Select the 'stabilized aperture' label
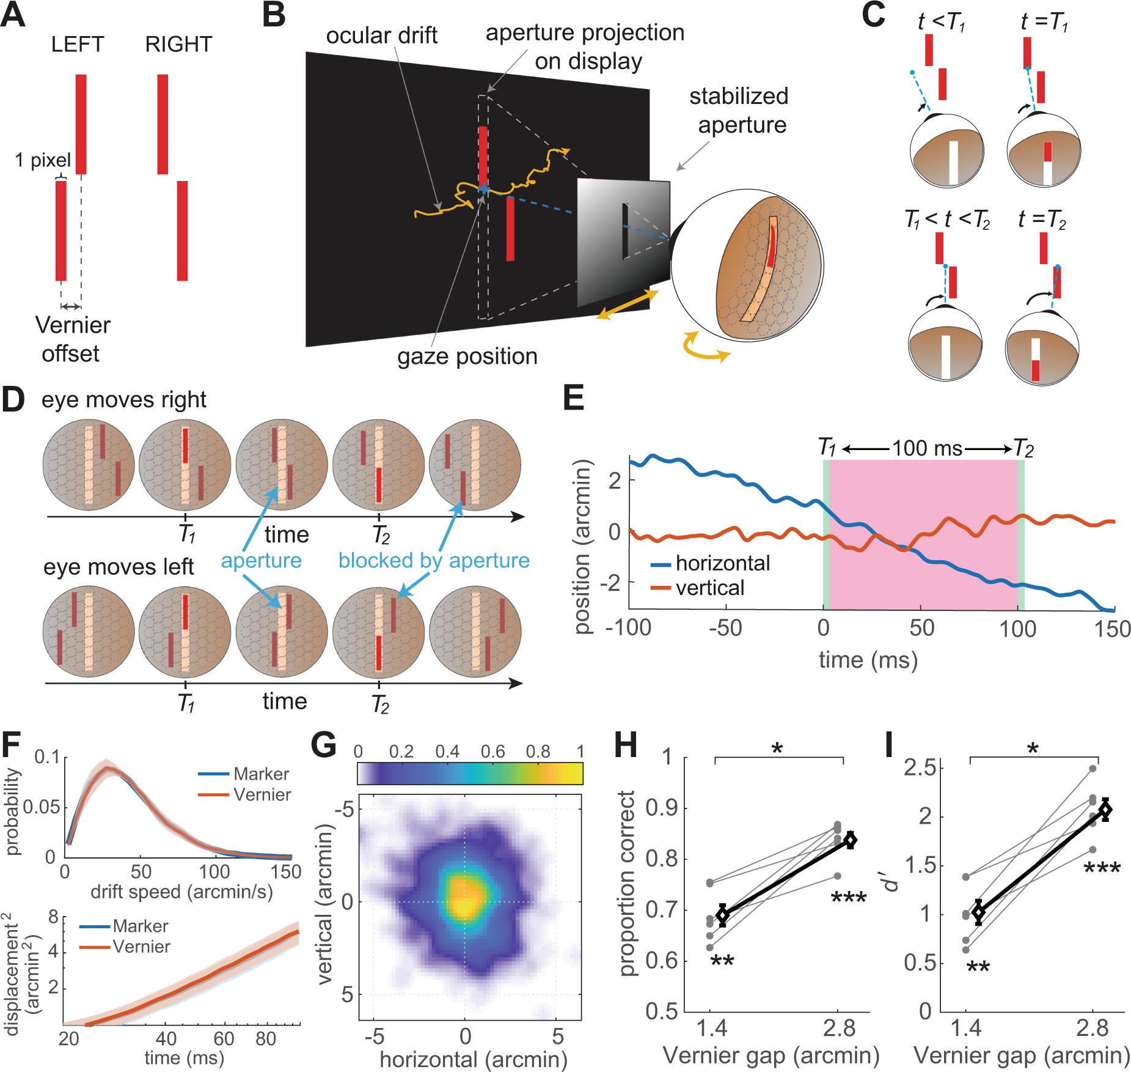pyautogui.click(x=739, y=111)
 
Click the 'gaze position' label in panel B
pyautogui.click(x=467, y=356)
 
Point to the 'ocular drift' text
pyautogui.click(x=381, y=35)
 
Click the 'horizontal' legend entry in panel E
pyautogui.click(x=722, y=563)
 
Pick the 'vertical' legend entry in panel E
pyautogui.click(x=709, y=588)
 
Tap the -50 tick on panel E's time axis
pyautogui.click(x=725, y=629)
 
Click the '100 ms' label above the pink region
pyautogui.click(x=927, y=448)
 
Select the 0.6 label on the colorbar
pyautogui.click(x=492, y=752)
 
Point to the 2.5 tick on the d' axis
pyautogui.click(x=920, y=767)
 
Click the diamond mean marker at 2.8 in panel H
pyautogui.click(x=850, y=840)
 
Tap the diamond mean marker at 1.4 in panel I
pyautogui.click(x=978, y=912)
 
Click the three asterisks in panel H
pyautogui.click(x=849, y=899)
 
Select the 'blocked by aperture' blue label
pyautogui.click(x=434, y=561)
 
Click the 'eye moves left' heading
pyautogui.click(x=119, y=567)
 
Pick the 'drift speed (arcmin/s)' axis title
pyautogui.click(x=181, y=892)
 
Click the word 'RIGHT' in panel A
pyautogui.click(x=178, y=45)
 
